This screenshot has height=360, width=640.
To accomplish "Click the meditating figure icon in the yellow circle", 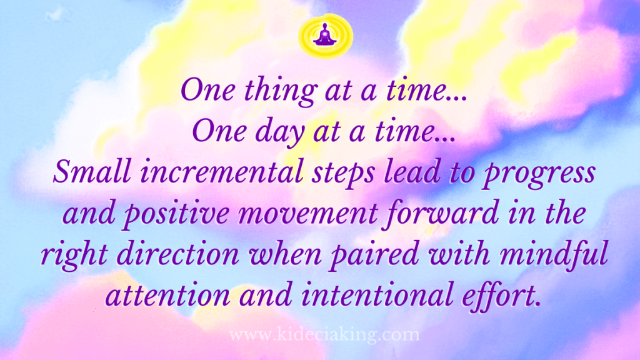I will coord(324,36).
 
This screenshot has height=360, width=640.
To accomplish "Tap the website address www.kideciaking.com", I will coord(324,336).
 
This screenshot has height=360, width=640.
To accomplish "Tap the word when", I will coord(289,255).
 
